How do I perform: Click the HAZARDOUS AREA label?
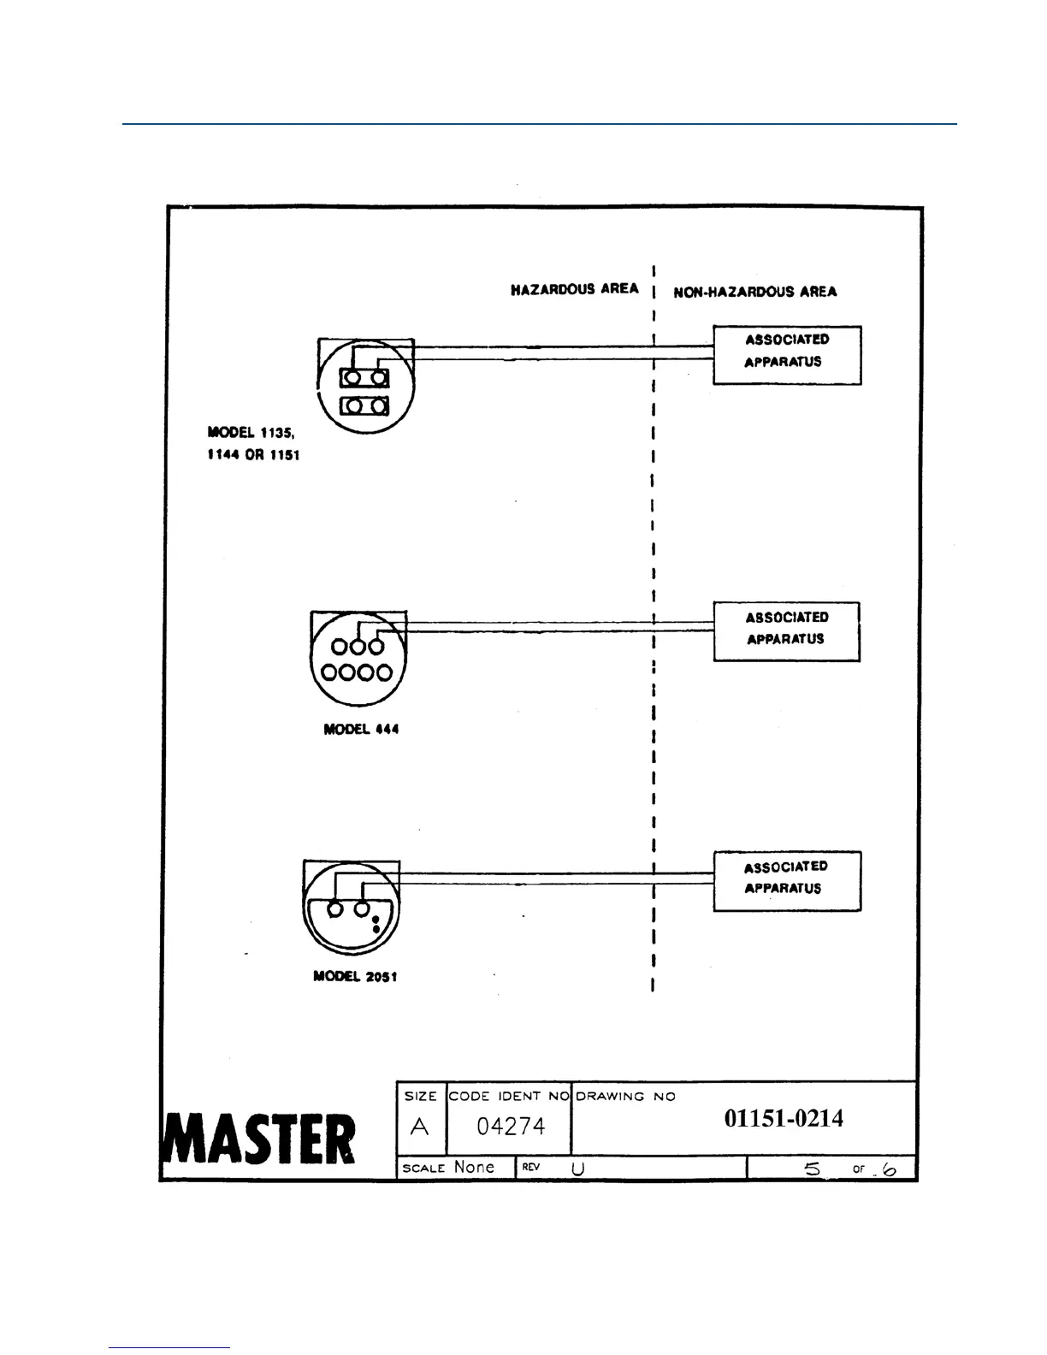click(x=574, y=289)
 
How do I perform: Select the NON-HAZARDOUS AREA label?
click(x=754, y=292)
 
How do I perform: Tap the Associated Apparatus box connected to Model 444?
click(x=786, y=631)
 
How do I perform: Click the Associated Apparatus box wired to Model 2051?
click(x=786, y=880)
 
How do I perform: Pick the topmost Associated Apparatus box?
click(x=786, y=354)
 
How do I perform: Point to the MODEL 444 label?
click(x=361, y=730)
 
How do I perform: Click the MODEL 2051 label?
click(x=355, y=976)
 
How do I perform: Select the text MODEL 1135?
click(x=251, y=433)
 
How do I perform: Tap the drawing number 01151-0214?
click(x=784, y=1118)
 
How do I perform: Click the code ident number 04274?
click(x=511, y=1127)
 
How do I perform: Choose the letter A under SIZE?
click(x=419, y=1127)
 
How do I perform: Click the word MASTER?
click(x=258, y=1139)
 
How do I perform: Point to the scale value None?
click(x=474, y=1167)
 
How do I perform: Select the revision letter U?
click(x=578, y=1169)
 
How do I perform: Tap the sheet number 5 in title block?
click(x=812, y=1168)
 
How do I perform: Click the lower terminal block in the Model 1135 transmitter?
click(x=364, y=405)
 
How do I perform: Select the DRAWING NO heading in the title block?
click(x=625, y=1097)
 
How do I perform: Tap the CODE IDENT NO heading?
click(x=508, y=1096)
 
